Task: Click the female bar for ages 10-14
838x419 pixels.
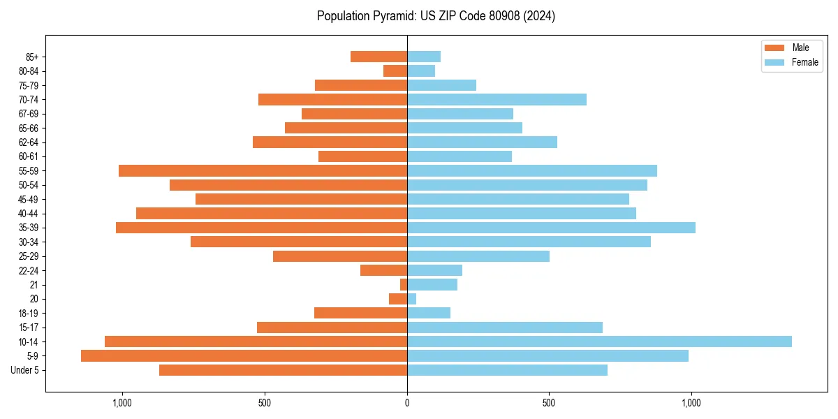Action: [599, 341]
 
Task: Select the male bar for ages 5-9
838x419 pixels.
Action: [244, 355]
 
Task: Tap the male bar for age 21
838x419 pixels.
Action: [404, 285]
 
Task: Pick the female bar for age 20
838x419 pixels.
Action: [412, 299]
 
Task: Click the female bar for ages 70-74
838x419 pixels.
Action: [497, 99]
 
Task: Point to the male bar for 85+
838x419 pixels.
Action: [378, 57]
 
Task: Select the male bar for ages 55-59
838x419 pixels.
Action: [263, 170]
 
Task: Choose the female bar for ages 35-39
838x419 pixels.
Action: [551, 228]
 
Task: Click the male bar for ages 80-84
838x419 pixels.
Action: [395, 71]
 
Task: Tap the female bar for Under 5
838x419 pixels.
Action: [507, 370]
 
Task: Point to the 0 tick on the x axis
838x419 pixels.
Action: [407, 403]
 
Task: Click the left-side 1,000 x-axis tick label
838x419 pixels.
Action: [122, 403]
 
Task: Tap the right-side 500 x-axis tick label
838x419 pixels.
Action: [549, 403]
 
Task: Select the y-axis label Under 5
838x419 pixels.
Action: [25, 370]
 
